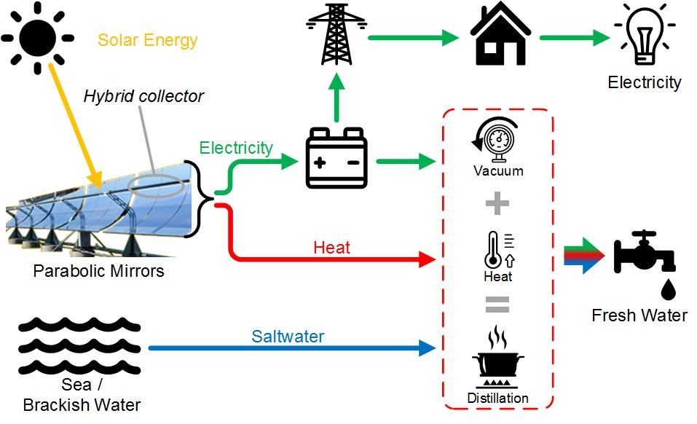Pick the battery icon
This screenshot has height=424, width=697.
pos(336,159)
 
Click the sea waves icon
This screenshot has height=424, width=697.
pos(79,345)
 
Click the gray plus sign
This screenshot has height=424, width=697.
pos(497,204)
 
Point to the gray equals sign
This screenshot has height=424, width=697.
pos(497,304)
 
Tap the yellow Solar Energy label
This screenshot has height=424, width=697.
pos(148,39)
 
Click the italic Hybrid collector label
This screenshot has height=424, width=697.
pos(143,96)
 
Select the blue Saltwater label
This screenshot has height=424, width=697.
pos(288,337)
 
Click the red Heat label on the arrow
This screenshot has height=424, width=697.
pos(331,248)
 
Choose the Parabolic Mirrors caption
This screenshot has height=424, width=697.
pos(99,272)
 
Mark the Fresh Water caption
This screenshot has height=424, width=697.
pos(639,315)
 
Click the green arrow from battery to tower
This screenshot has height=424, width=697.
pos(336,99)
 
